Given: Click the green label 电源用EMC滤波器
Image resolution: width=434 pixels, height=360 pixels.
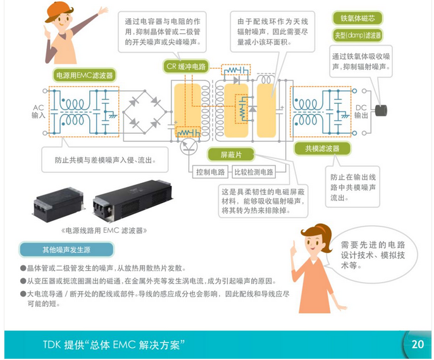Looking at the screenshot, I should point(85,75).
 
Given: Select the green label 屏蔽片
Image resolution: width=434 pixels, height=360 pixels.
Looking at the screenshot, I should point(228,154).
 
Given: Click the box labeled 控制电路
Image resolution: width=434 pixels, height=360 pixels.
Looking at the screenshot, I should point(211,172).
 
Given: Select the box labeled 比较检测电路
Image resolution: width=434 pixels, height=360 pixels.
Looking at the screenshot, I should point(253,172).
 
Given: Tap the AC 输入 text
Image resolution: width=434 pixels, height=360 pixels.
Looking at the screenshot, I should point(39,112).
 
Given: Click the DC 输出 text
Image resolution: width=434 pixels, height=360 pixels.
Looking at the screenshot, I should point(361,112).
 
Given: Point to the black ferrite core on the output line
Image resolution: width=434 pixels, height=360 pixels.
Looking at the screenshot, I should point(382,109).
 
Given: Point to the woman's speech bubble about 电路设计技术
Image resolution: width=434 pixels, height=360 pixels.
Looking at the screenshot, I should point(366,254).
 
